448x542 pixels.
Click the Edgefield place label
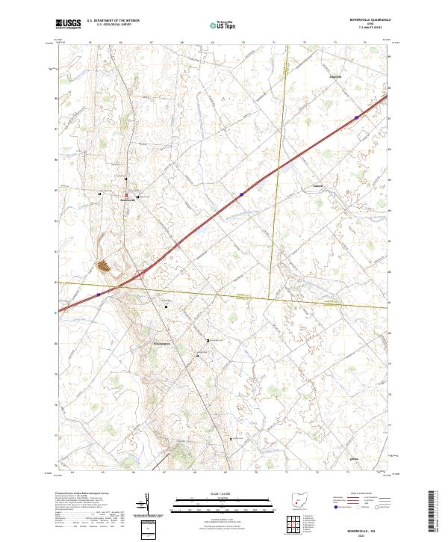click(x=336, y=77)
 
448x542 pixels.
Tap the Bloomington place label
click(x=162, y=343)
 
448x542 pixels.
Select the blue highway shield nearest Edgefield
click(x=357, y=117)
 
